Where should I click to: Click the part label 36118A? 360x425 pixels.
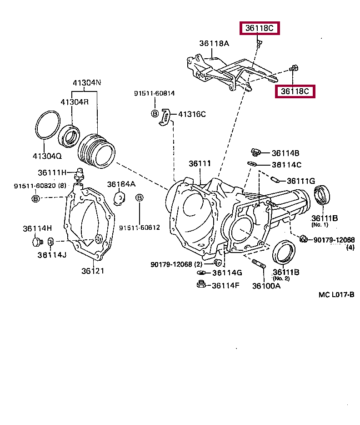click(214, 44)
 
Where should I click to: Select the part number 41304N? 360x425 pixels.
click(87, 83)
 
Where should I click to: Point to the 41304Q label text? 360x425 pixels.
click(47, 156)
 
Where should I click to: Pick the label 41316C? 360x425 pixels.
click(191, 114)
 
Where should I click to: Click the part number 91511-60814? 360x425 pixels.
click(154, 93)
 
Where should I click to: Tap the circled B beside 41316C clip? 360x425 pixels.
click(155, 114)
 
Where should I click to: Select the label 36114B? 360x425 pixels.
click(286, 153)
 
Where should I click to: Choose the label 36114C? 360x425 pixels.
click(286, 165)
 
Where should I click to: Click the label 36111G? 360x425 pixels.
click(300, 181)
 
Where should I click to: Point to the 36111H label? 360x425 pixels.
click(52, 172)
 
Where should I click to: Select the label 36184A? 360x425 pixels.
click(121, 184)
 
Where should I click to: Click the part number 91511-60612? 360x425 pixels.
click(140, 227)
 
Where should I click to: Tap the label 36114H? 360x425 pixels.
click(37, 228)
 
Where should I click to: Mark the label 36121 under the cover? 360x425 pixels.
click(93, 271)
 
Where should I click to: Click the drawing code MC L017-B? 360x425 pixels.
click(336, 294)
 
